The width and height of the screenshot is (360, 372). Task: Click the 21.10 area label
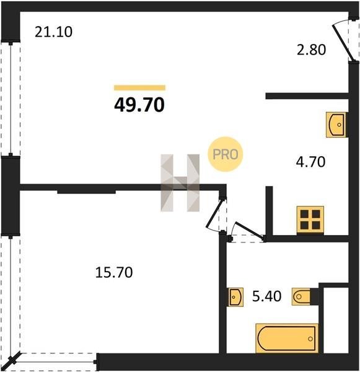[53, 32]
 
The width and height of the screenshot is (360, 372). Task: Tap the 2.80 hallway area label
[312, 50]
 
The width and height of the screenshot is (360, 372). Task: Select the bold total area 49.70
[139, 105]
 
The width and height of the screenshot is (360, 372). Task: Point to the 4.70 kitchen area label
[310, 162]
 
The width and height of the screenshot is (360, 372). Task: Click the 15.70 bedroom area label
[114, 272]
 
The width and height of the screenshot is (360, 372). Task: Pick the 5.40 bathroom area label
[267, 296]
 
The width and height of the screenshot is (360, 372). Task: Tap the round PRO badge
[226, 154]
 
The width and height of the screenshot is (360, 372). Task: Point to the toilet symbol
[301, 296]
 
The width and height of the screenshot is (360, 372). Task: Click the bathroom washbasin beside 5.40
[235, 297]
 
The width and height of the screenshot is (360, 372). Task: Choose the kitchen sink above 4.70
[336, 125]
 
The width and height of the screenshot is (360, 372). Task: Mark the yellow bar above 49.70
[139, 88]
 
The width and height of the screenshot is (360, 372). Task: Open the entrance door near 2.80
[342, 42]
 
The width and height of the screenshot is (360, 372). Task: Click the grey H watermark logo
[180, 183]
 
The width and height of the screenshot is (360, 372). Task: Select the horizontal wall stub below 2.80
[307, 96]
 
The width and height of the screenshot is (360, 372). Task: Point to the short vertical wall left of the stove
[269, 211]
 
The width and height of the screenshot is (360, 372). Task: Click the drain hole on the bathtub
[310, 339]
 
